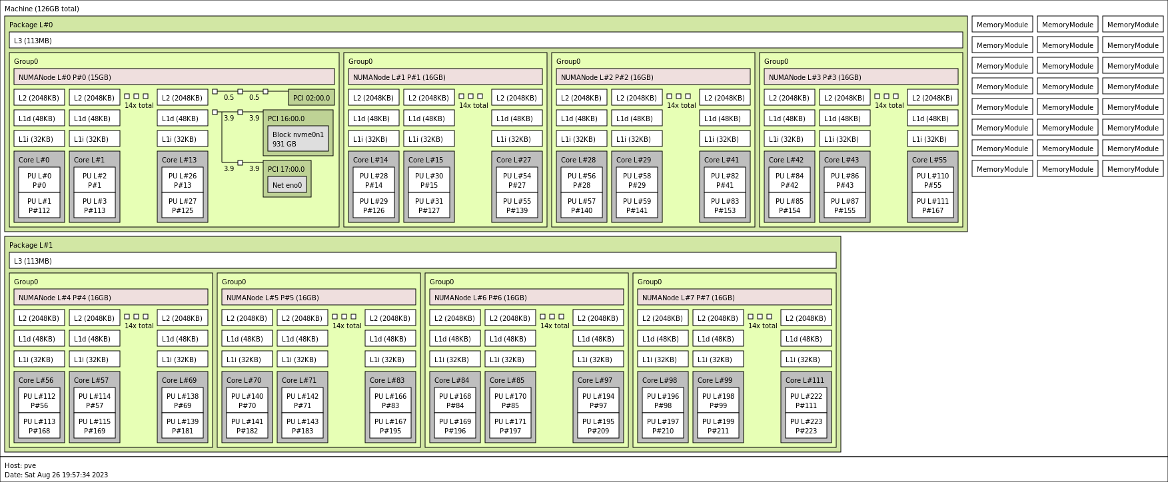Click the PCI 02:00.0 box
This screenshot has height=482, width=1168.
point(311,98)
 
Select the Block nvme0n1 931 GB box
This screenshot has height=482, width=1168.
point(298,139)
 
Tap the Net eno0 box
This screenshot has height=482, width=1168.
point(287,186)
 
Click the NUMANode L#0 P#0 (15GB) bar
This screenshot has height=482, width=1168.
point(174,77)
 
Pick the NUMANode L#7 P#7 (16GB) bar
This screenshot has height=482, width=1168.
point(734,298)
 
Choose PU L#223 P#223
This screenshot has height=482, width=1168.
point(806,426)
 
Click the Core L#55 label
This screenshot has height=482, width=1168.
point(929,160)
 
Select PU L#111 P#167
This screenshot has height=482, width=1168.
point(933,206)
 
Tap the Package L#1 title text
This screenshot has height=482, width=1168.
point(31,245)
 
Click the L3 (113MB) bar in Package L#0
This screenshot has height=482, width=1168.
point(486,41)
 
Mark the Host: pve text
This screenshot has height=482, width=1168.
point(21,465)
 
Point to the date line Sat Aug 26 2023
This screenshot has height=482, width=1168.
point(56,475)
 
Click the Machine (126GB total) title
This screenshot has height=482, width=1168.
point(42,9)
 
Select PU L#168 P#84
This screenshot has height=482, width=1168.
point(455,401)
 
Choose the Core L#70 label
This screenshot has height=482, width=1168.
point(244,380)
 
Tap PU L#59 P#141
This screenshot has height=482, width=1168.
point(637,206)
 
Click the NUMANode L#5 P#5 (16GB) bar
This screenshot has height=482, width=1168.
point(318,298)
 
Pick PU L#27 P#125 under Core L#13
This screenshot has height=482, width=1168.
point(183,206)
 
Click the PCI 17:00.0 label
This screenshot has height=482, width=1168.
point(286,169)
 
